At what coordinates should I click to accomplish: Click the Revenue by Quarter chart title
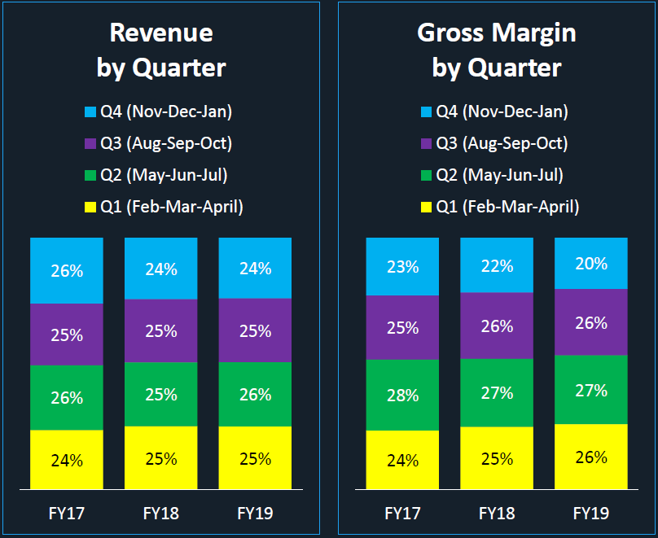pyautogui.click(x=160, y=50)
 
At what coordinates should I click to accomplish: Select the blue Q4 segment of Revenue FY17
pyautogui.click(x=67, y=270)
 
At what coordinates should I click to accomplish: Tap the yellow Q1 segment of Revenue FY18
pyautogui.click(x=160, y=457)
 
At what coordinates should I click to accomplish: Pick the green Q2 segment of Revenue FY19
pyautogui.click(x=255, y=394)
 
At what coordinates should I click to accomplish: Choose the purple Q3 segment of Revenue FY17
pyautogui.click(x=67, y=335)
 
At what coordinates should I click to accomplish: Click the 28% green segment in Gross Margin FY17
pyautogui.click(x=402, y=395)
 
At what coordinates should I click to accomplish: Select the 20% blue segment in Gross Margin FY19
pyautogui.click(x=591, y=263)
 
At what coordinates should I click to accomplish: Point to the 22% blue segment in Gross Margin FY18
pyautogui.click(x=496, y=265)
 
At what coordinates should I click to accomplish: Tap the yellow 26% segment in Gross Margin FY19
pyautogui.click(x=591, y=457)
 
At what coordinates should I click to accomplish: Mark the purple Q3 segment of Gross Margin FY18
pyautogui.click(x=496, y=326)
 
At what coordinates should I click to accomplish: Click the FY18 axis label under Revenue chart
pyautogui.click(x=160, y=514)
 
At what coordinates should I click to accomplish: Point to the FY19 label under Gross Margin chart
pyautogui.click(x=591, y=514)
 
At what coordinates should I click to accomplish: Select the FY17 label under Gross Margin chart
pyautogui.click(x=402, y=514)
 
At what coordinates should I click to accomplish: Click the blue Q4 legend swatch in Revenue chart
pyautogui.click(x=90, y=112)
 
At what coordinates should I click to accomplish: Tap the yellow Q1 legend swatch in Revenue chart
pyautogui.click(x=90, y=208)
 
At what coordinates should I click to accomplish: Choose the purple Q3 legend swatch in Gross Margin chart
pyautogui.click(x=426, y=144)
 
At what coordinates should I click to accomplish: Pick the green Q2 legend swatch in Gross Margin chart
pyautogui.click(x=426, y=176)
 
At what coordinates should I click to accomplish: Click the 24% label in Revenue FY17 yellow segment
pyautogui.click(x=67, y=461)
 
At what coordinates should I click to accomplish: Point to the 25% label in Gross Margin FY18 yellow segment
pyautogui.click(x=496, y=459)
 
